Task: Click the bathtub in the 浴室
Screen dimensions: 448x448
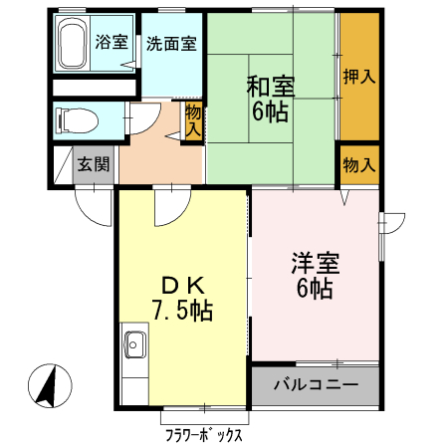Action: pos(73,44)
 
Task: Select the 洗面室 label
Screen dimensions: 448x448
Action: pos(171,44)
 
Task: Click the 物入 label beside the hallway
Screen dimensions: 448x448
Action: pos(193,120)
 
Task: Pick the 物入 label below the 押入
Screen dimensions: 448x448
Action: pos(358,165)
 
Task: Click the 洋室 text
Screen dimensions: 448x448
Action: pos(315,264)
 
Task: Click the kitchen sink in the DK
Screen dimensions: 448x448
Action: pos(134,347)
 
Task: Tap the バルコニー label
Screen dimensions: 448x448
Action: pos(315,385)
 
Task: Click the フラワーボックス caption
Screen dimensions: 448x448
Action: pos(204,435)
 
